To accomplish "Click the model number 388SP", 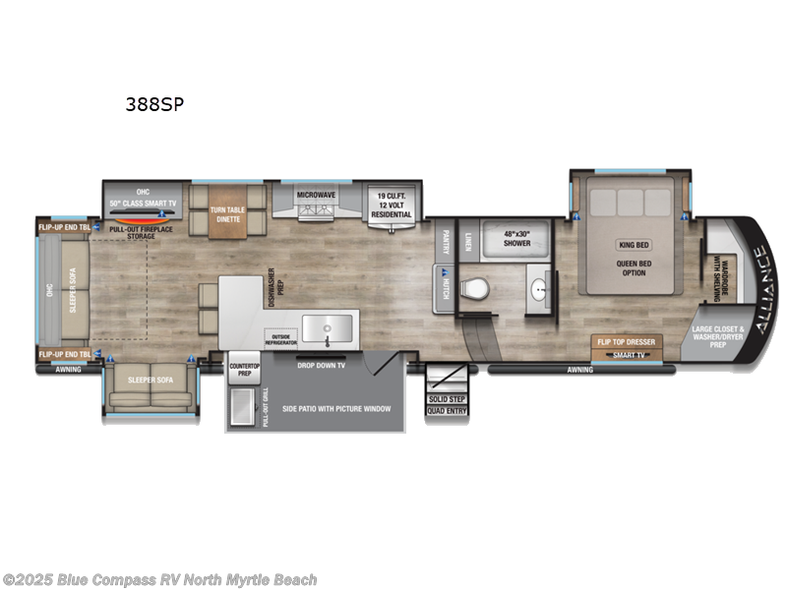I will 153,105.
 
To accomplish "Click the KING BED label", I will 633,245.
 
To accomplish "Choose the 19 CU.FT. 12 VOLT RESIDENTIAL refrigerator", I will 391,206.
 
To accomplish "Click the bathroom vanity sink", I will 537,291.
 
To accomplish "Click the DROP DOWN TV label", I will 322,364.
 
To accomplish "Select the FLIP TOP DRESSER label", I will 625,342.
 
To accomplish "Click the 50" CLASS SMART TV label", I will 144,203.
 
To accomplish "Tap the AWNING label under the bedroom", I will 580,370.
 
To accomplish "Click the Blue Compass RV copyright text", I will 159,580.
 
